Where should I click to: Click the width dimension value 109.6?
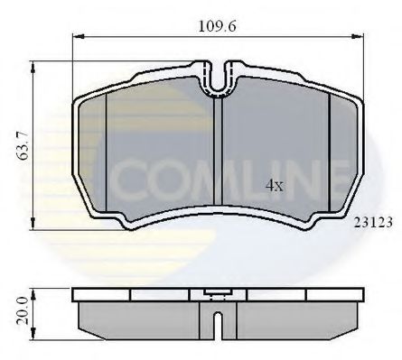pyautogui.click(x=219, y=26)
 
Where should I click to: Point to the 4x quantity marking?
pyautogui.click(x=273, y=186)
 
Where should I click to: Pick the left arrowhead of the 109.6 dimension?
pyautogui.click(x=77, y=38)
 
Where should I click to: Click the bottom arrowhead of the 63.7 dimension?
pyautogui.click(x=34, y=226)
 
